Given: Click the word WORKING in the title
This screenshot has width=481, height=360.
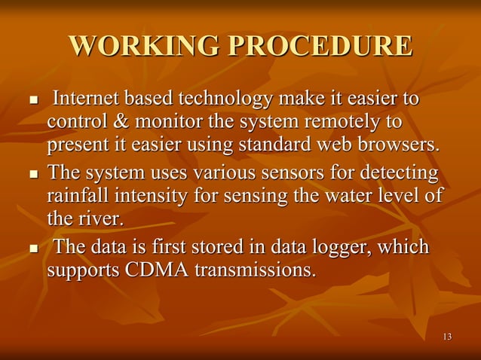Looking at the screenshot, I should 144,47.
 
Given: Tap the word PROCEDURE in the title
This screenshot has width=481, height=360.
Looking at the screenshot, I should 320,47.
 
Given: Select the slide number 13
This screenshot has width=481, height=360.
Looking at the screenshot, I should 447,336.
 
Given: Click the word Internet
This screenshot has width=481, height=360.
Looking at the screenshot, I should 87,99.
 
